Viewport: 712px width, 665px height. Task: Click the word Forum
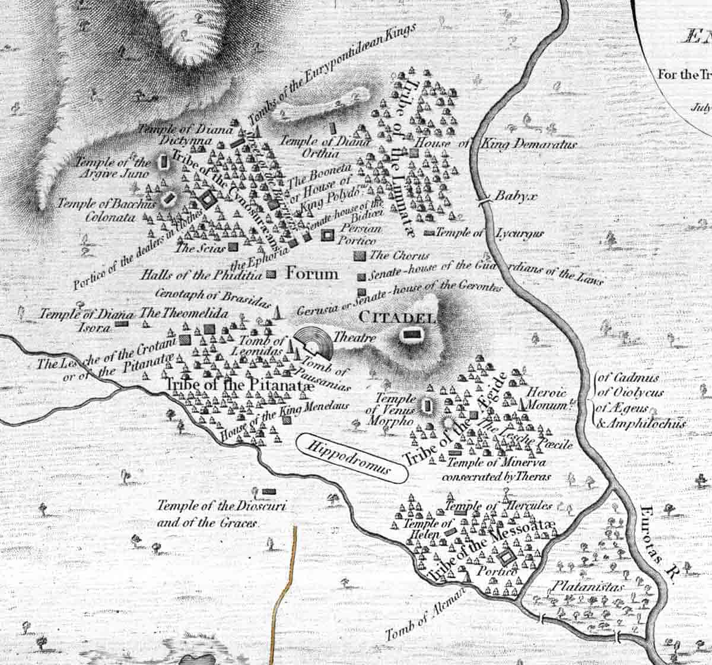312,274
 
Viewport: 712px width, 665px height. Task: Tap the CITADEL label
397,318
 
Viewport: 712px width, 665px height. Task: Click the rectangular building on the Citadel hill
409,335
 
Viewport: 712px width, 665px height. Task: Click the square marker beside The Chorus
358,256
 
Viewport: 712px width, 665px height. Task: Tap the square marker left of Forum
272,274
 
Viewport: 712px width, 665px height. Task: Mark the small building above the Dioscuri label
269,492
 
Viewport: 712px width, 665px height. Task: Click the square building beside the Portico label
506,558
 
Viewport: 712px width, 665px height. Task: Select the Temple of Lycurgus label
490,233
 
